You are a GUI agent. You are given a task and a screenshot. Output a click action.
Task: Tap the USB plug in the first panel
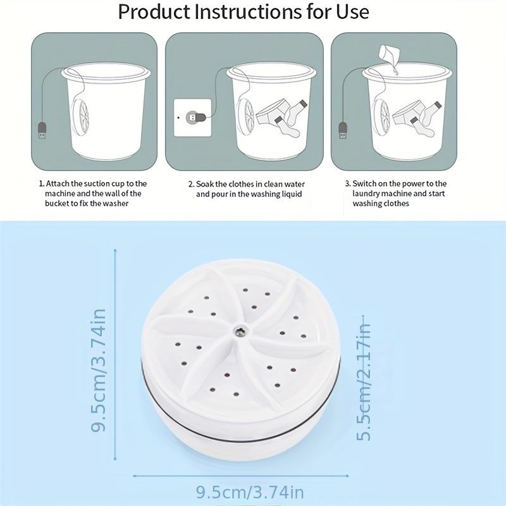tap(42, 132)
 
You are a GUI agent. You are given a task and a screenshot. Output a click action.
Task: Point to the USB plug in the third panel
tap(342, 131)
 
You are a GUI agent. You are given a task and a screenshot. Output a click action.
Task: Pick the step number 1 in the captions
tap(41, 183)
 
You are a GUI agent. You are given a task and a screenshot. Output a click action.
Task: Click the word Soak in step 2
tap(206, 184)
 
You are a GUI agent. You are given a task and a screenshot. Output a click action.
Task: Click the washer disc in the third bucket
tap(381, 116)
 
